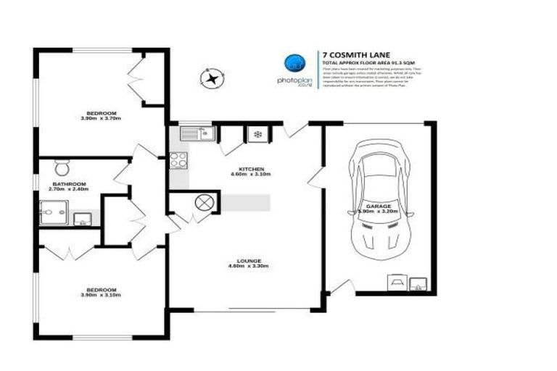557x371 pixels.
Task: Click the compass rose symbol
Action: coord(211,78)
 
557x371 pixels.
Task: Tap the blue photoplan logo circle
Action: coord(294,63)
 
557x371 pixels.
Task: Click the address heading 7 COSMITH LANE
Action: coord(355,54)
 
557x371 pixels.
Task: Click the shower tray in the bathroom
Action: coord(53,213)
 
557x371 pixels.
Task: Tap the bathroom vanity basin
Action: coord(82,218)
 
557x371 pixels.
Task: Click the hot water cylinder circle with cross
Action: coord(205,203)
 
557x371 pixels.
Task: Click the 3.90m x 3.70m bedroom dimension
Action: coord(102,119)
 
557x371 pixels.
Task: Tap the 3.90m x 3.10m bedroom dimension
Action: coord(102,296)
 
